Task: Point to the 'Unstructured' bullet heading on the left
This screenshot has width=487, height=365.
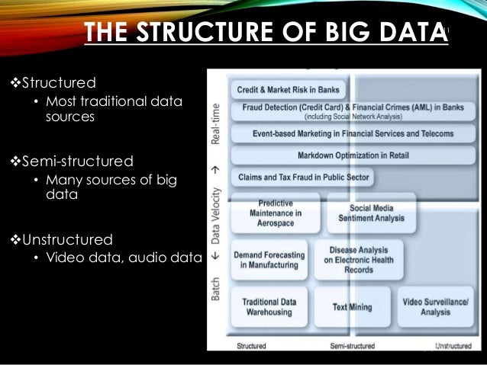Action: point(63,239)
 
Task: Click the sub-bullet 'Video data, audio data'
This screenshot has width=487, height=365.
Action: point(123,257)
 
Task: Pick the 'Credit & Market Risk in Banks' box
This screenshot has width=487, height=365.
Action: point(288,88)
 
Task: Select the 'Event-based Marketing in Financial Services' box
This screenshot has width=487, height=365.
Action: point(353,133)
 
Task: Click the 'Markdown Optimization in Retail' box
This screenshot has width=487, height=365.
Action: point(353,155)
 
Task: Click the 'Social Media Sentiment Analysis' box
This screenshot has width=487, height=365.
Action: point(370,213)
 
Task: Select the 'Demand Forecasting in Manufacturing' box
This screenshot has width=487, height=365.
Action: point(269,260)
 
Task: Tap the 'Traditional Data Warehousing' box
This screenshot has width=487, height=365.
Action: point(269,307)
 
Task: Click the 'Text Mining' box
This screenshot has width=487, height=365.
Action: point(352,307)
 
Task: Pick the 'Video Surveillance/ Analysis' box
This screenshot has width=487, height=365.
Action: point(435,307)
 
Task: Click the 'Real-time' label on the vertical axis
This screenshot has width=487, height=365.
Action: point(217,123)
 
